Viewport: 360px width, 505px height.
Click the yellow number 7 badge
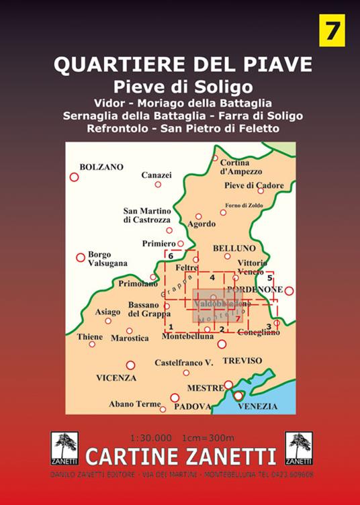coord(331,30)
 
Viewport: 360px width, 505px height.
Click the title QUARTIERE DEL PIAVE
coord(183,64)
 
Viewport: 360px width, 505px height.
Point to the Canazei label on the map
coord(156,175)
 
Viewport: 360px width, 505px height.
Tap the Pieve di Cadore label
coord(254,185)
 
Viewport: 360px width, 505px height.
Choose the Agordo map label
coord(201,224)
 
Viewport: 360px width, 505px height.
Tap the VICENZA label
coord(116,377)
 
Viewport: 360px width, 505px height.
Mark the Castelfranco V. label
coord(183,363)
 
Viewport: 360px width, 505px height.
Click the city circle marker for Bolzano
coord(75,177)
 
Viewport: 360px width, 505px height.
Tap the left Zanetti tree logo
coord(64,448)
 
